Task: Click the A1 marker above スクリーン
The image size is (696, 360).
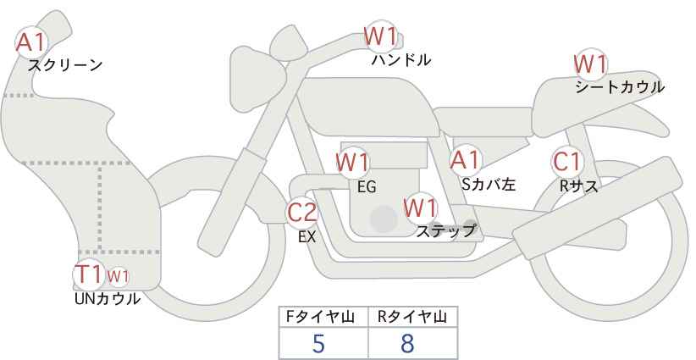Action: pyautogui.click(x=32, y=42)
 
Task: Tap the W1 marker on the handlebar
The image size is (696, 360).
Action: pyautogui.click(x=380, y=36)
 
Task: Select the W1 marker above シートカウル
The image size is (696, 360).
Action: pyautogui.click(x=590, y=64)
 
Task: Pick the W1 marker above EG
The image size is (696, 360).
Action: pyautogui.click(x=352, y=163)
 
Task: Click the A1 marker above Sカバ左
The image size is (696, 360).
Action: pyautogui.click(x=465, y=161)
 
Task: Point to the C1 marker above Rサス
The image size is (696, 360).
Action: pyautogui.click(x=567, y=162)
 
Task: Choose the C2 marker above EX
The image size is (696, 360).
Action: pyautogui.click(x=301, y=213)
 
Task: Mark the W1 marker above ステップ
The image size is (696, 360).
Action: pyautogui.click(x=421, y=208)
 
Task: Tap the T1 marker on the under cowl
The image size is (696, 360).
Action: pyautogui.click(x=90, y=274)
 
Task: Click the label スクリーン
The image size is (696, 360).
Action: pyautogui.click(x=65, y=66)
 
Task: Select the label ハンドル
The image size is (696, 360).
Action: pyautogui.click(x=400, y=60)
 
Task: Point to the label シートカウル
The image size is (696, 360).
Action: pyautogui.click(x=620, y=87)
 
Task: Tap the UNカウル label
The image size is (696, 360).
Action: pyautogui.click(x=107, y=299)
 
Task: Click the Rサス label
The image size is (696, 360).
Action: pyautogui.click(x=578, y=186)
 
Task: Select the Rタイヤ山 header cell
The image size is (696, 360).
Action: pyautogui.click(x=413, y=317)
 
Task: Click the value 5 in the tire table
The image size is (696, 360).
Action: pyautogui.click(x=318, y=344)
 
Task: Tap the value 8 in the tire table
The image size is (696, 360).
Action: pyautogui.click(x=407, y=344)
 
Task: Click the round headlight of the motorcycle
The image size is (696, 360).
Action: pyautogui.click(x=287, y=43)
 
